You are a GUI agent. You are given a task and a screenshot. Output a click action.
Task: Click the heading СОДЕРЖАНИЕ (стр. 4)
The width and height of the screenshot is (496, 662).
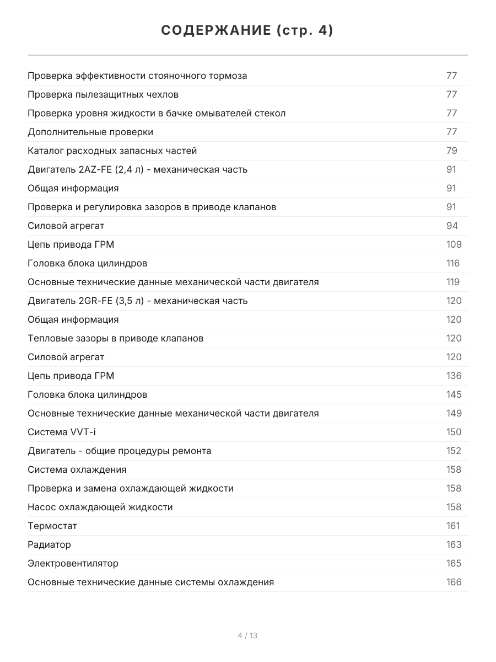pyautogui.click(x=247, y=31)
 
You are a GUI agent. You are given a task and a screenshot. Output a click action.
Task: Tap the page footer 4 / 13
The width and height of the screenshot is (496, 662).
pyautogui.click(x=247, y=636)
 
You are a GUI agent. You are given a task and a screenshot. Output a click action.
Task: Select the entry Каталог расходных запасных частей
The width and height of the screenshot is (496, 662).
pyautogui.click(x=112, y=151)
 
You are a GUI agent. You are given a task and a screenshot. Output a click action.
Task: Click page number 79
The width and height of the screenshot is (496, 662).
pyautogui.click(x=451, y=151)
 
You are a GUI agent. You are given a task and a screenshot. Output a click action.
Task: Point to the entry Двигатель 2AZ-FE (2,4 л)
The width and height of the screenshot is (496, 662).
pyautogui.click(x=137, y=169)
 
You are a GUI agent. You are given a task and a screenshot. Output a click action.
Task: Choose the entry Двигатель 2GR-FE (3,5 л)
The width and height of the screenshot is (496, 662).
pyautogui.click(x=137, y=301)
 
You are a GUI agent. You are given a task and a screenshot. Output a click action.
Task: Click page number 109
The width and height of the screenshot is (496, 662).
pyautogui.click(x=454, y=244)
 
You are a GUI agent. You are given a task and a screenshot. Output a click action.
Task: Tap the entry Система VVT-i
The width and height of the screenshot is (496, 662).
pyautogui.click(x=61, y=432)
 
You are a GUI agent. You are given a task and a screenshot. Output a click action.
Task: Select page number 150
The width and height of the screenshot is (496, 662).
pyautogui.click(x=454, y=432)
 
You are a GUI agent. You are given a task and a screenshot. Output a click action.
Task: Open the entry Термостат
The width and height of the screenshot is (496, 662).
pyautogui.click(x=52, y=526)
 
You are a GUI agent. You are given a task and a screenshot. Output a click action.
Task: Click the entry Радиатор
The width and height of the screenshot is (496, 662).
pyautogui.click(x=49, y=544)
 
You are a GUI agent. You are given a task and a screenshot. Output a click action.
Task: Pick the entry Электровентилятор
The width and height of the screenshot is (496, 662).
pyautogui.click(x=73, y=563)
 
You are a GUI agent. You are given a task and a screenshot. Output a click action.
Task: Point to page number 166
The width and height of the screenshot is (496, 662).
pyautogui.click(x=454, y=582)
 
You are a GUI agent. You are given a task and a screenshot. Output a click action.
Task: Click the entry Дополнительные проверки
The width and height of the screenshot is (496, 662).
pyautogui.click(x=90, y=132)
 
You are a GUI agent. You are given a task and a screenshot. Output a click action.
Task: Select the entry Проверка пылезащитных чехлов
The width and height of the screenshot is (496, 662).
pyautogui.click(x=103, y=94)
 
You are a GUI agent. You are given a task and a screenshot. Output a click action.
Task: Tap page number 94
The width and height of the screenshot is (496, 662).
pyautogui.click(x=451, y=226)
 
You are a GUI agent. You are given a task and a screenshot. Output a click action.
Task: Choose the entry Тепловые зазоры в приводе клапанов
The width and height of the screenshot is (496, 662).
pyautogui.click(x=115, y=338)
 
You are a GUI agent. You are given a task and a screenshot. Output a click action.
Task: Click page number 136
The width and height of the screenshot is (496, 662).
pyautogui.click(x=454, y=376)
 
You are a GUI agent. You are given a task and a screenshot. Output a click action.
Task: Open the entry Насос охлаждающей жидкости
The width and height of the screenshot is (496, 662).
pyautogui.click(x=100, y=507)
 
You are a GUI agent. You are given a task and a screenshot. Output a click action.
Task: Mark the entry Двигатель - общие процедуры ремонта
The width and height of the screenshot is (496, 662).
pyautogui.click(x=119, y=451)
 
